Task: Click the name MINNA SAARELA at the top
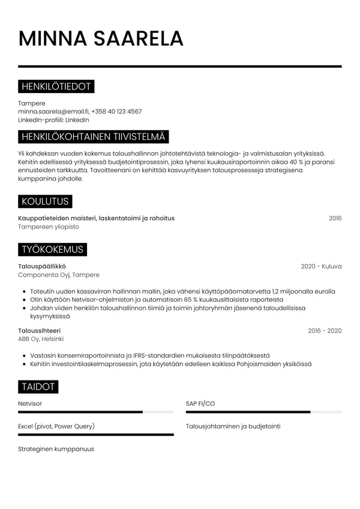(101, 38)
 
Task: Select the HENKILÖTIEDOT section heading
(56, 87)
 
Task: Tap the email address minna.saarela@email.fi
(53, 112)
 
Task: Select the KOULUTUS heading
(45, 201)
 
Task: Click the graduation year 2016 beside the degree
(335, 218)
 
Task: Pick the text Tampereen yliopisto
(49, 227)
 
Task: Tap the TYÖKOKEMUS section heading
(52, 249)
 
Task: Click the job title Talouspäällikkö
(42, 267)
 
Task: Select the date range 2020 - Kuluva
(321, 267)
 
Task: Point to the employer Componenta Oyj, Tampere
(59, 275)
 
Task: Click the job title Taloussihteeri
(40, 331)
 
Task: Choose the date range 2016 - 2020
(325, 331)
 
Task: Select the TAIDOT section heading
(38, 387)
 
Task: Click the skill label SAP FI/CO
(200, 404)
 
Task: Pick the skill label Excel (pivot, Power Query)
(56, 426)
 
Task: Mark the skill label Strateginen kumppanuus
(56, 449)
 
